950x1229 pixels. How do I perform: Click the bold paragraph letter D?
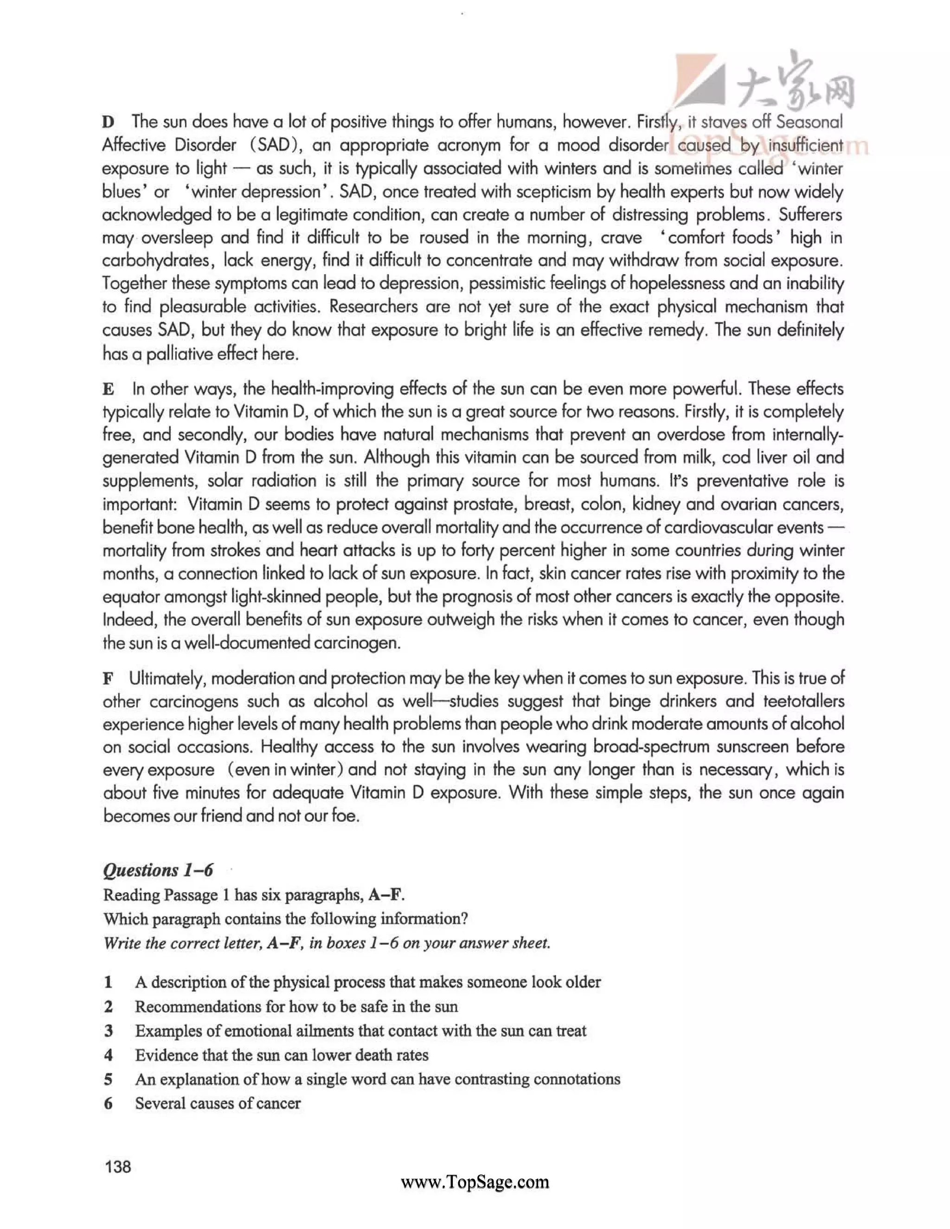108,122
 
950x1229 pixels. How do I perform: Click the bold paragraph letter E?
108,389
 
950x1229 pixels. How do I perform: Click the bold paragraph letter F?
108,679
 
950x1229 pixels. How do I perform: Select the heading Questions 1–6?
158,870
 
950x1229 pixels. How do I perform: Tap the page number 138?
118,1166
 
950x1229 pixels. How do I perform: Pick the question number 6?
108,1103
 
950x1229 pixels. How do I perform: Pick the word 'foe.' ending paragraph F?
345,816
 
